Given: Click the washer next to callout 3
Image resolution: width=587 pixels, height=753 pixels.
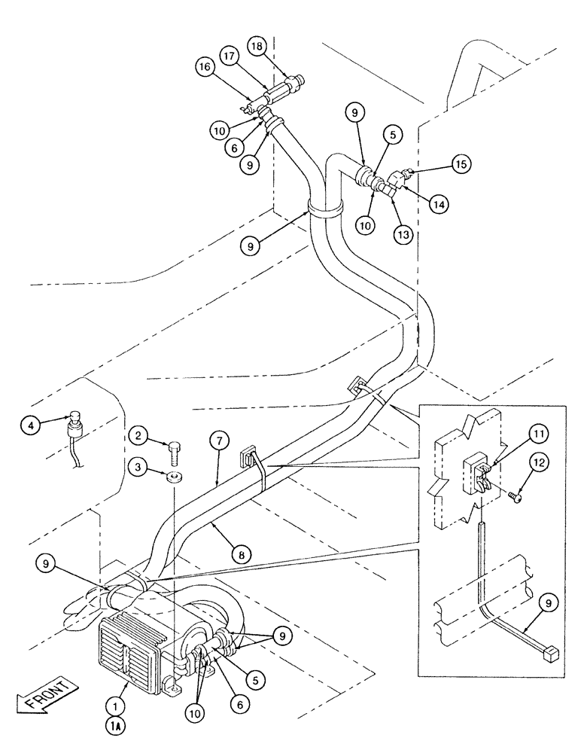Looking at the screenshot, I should (173, 477).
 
